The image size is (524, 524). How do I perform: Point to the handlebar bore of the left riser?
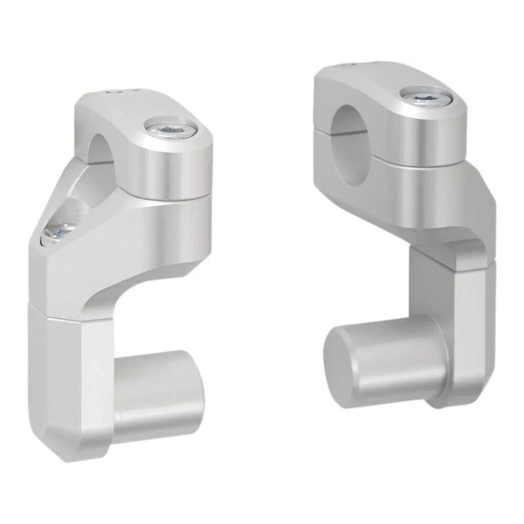[x=99, y=147]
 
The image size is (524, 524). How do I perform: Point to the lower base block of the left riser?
[x=60, y=374]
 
